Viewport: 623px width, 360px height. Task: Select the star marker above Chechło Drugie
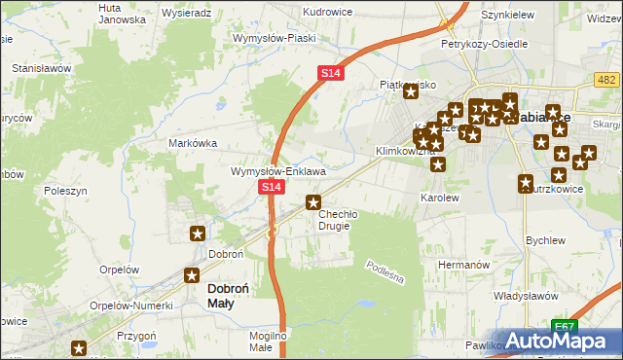click(x=313, y=202)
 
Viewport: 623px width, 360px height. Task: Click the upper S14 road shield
click(x=330, y=73)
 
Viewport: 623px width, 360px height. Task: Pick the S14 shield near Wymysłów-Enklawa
click(x=271, y=187)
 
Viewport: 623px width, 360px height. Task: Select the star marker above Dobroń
click(x=197, y=233)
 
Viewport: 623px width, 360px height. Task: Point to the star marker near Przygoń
click(x=79, y=347)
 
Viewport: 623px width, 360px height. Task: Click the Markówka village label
click(x=192, y=143)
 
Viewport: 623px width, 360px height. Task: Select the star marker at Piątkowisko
click(x=412, y=91)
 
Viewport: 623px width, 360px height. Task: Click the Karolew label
click(x=439, y=198)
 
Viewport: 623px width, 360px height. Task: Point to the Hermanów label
click(x=462, y=265)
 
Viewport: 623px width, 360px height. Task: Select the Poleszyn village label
click(x=65, y=193)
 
